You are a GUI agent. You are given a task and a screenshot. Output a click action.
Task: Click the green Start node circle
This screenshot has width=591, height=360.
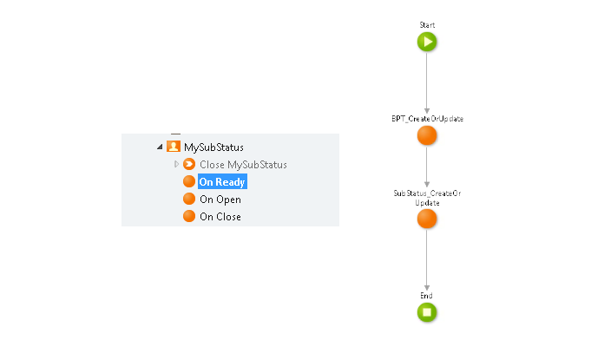pos(426,42)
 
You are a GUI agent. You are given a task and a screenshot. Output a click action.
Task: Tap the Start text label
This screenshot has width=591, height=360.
pos(426,25)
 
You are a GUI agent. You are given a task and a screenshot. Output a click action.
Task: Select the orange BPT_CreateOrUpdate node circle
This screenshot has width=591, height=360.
pos(426,135)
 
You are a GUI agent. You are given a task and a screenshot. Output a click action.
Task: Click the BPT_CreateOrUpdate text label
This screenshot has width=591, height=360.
pos(426,118)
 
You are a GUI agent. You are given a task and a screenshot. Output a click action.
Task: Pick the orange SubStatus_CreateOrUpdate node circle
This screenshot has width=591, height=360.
pos(426,219)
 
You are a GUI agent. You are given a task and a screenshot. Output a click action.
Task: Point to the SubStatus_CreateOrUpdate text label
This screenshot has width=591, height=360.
pos(426,198)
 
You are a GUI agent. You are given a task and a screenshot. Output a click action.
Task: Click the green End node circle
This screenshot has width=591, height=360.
pos(426,312)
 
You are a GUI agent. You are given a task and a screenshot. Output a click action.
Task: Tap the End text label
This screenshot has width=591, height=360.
pos(426,296)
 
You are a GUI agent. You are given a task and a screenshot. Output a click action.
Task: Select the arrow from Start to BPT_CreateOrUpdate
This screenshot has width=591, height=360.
pos(426,82)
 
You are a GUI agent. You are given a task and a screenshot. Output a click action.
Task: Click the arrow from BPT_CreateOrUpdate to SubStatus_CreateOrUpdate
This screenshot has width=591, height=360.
pos(426,168)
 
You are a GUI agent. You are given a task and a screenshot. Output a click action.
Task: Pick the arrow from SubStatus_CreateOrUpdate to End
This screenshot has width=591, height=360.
pos(426,260)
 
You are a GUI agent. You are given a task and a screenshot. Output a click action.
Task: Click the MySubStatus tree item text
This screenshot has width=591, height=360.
pos(213,147)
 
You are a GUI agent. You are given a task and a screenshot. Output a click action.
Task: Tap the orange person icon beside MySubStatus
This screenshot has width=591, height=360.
pos(173,147)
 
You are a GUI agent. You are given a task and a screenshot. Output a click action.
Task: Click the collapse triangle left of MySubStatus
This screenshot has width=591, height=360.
pos(159,147)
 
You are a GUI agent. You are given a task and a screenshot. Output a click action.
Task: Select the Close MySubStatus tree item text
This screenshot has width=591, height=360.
pos(243,165)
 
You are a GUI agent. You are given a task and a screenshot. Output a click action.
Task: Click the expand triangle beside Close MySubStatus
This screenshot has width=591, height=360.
pos(176,164)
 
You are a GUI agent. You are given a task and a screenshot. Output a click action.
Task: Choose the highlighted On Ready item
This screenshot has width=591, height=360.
pos(222,182)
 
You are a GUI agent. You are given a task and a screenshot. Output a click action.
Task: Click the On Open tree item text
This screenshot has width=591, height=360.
pos(220,200)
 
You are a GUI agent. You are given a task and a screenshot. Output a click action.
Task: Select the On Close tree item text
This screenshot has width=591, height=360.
pos(220,217)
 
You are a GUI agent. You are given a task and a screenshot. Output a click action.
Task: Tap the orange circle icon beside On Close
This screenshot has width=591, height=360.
pos(189,216)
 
